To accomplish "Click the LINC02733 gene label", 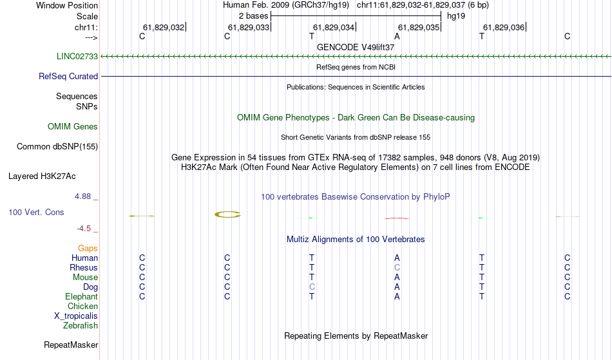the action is [77, 56].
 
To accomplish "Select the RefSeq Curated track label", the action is [68, 77].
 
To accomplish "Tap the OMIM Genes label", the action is [72, 126].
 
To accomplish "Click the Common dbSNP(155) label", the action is [57, 147].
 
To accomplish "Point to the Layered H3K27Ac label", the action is [42, 176].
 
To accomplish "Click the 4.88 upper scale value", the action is [82, 196].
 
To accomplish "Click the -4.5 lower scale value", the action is [84, 229].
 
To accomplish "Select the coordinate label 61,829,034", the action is [333, 27].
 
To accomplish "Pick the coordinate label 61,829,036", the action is [504, 27].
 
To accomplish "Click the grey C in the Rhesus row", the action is [397, 267].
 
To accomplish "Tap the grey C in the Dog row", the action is [312, 287].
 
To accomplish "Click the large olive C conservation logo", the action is [227, 214].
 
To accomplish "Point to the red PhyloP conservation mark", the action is [397, 218].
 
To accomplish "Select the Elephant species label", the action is [81, 297].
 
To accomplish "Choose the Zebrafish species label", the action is [81, 326].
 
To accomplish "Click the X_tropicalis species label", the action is [76, 316].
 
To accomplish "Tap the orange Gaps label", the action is [88, 249].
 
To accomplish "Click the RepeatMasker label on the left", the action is [71, 345].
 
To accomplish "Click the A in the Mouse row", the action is [397, 278].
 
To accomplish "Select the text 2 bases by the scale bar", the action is [253, 16].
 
